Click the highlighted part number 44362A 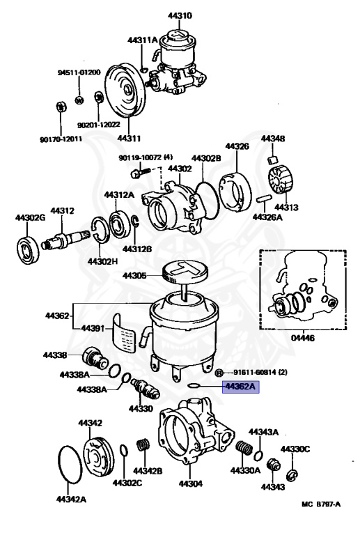pyautogui.click(x=241, y=387)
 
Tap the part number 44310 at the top pyautogui.click(x=180, y=15)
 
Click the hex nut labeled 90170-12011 pyautogui.click(x=61, y=107)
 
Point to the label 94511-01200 pyautogui.click(x=79, y=72)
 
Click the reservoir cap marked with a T pyautogui.click(x=184, y=270)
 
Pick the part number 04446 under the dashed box pyautogui.click(x=303, y=338)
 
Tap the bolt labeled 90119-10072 pyautogui.click(x=140, y=172)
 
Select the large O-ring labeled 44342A pyautogui.click(x=70, y=464)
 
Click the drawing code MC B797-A pyautogui.click(x=321, y=504)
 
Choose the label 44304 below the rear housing pyautogui.click(x=191, y=483)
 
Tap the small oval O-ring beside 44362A pyautogui.click(x=194, y=385)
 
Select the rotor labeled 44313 pyautogui.click(x=281, y=179)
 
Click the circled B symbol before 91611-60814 pyautogui.click(x=219, y=373)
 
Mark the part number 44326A pyautogui.click(x=267, y=217)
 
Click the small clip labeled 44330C pyautogui.click(x=293, y=474)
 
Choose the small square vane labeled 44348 pyautogui.click(x=273, y=159)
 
